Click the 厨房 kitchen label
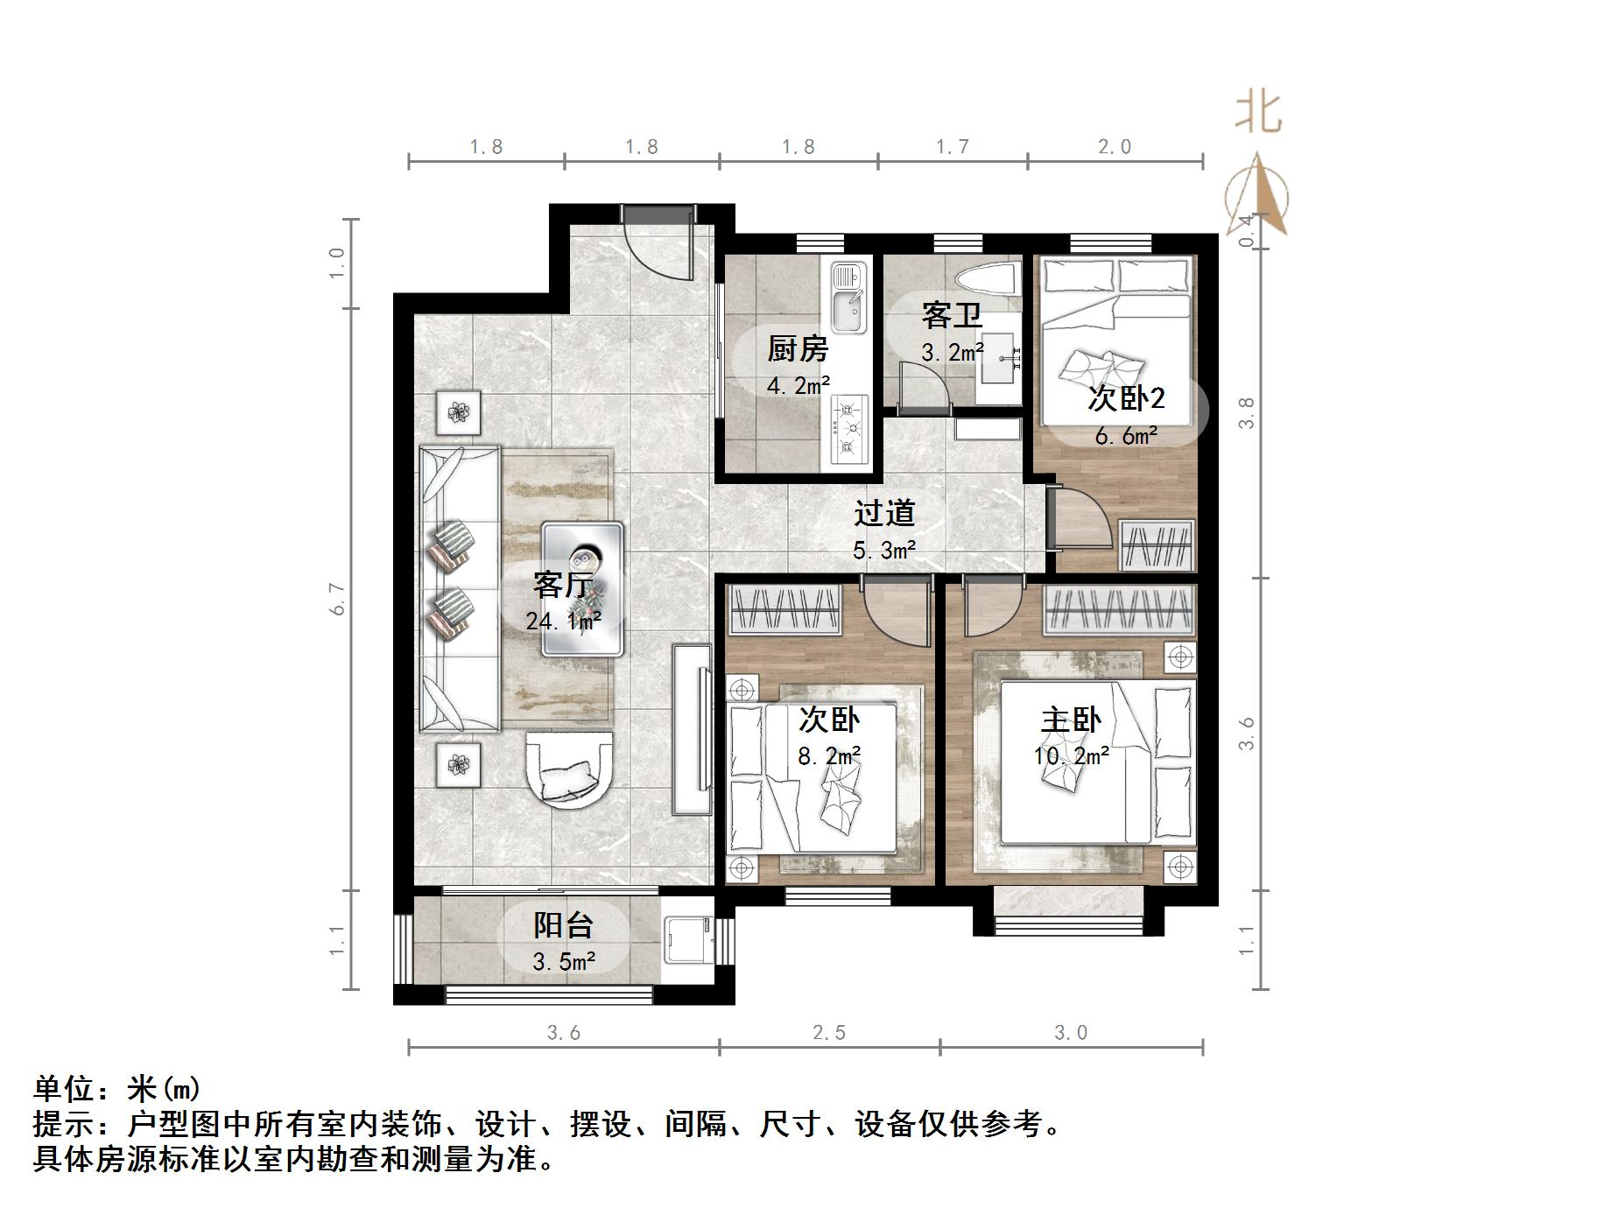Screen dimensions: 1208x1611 [797, 349]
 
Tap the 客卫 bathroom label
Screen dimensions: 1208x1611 [951, 315]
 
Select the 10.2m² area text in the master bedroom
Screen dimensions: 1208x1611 [1071, 755]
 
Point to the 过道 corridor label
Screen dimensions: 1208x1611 [884, 513]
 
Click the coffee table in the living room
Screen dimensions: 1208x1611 [582, 589]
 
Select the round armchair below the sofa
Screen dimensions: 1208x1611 [568, 768]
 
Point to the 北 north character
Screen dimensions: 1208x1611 [1259, 112]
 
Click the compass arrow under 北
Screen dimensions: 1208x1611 [1258, 197]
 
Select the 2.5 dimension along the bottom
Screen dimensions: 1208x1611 [828, 1033]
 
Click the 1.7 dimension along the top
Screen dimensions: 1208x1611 [952, 146]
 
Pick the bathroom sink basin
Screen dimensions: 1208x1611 [997, 358]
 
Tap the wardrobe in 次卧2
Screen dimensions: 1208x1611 [1157, 545]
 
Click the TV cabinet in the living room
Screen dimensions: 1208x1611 [692, 730]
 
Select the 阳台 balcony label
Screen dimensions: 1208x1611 [563, 924]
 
